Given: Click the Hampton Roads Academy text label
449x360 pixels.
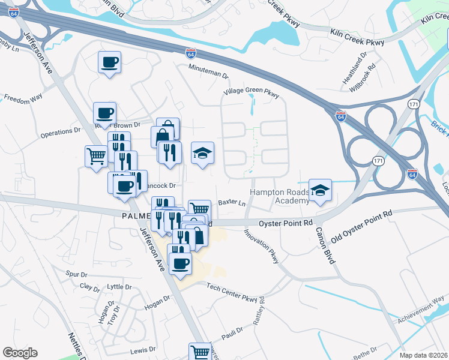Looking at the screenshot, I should [x=279, y=196].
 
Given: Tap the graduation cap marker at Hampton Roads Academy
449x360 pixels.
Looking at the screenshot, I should [x=321, y=191].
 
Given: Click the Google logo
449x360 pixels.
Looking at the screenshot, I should [x=20, y=353].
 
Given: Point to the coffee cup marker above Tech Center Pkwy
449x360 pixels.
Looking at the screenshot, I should [x=181, y=263].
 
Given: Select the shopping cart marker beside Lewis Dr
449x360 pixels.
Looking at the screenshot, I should [x=200, y=352].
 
